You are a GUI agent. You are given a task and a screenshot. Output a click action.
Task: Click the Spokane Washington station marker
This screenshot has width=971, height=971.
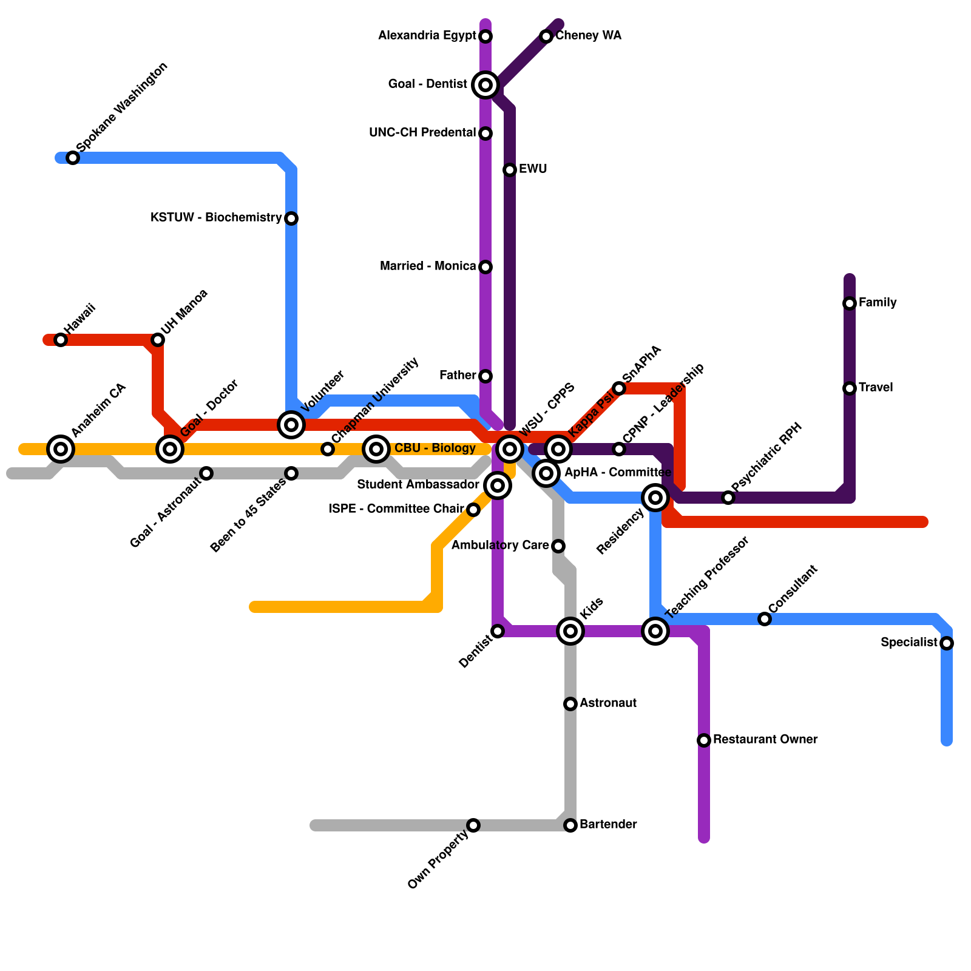click(x=73, y=158)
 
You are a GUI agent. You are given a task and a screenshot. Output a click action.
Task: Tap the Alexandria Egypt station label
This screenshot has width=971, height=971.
click(x=427, y=36)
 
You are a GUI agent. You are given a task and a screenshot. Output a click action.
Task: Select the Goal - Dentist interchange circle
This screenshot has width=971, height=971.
click(x=486, y=85)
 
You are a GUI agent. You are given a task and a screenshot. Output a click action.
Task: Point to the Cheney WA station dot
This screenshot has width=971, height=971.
click(x=546, y=36)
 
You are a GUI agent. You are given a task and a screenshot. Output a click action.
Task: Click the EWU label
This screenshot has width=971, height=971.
click(x=533, y=169)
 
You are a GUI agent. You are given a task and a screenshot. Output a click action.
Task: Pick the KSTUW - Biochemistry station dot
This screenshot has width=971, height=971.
click(x=291, y=218)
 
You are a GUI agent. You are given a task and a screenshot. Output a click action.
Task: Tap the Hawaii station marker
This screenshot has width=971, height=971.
click(x=61, y=340)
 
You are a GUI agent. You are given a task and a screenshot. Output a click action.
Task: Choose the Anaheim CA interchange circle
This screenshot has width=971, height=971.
click(x=61, y=449)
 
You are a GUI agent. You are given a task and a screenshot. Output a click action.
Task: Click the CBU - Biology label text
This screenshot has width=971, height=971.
click(x=435, y=448)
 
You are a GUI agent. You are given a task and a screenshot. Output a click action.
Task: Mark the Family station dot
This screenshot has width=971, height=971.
click(x=850, y=303)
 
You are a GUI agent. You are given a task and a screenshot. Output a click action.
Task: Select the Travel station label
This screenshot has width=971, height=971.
click(x=876, y=388)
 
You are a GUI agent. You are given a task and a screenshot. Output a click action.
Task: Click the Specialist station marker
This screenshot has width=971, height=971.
click(x=947, y=643)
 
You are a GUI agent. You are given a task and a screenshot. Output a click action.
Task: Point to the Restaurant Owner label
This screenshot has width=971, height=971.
click(x=765, y=740)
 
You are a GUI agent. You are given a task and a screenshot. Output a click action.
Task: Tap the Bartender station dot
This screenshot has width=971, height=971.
click(x=570, y=825)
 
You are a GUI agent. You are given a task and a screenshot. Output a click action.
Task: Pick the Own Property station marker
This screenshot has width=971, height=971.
click(x=473, y=825)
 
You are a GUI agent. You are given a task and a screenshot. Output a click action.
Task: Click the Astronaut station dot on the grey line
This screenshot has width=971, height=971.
click(x=570, y=704)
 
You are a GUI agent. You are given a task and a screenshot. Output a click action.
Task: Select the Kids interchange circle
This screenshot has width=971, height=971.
click(x=570, y=631)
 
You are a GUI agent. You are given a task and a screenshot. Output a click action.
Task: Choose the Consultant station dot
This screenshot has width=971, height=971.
click(x=765, y=619)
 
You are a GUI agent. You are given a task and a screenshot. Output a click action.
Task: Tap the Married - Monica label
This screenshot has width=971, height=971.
click(x=428, y=266)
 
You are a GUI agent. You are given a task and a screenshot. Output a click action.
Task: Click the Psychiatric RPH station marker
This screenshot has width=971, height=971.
click(x=728, y=498)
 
